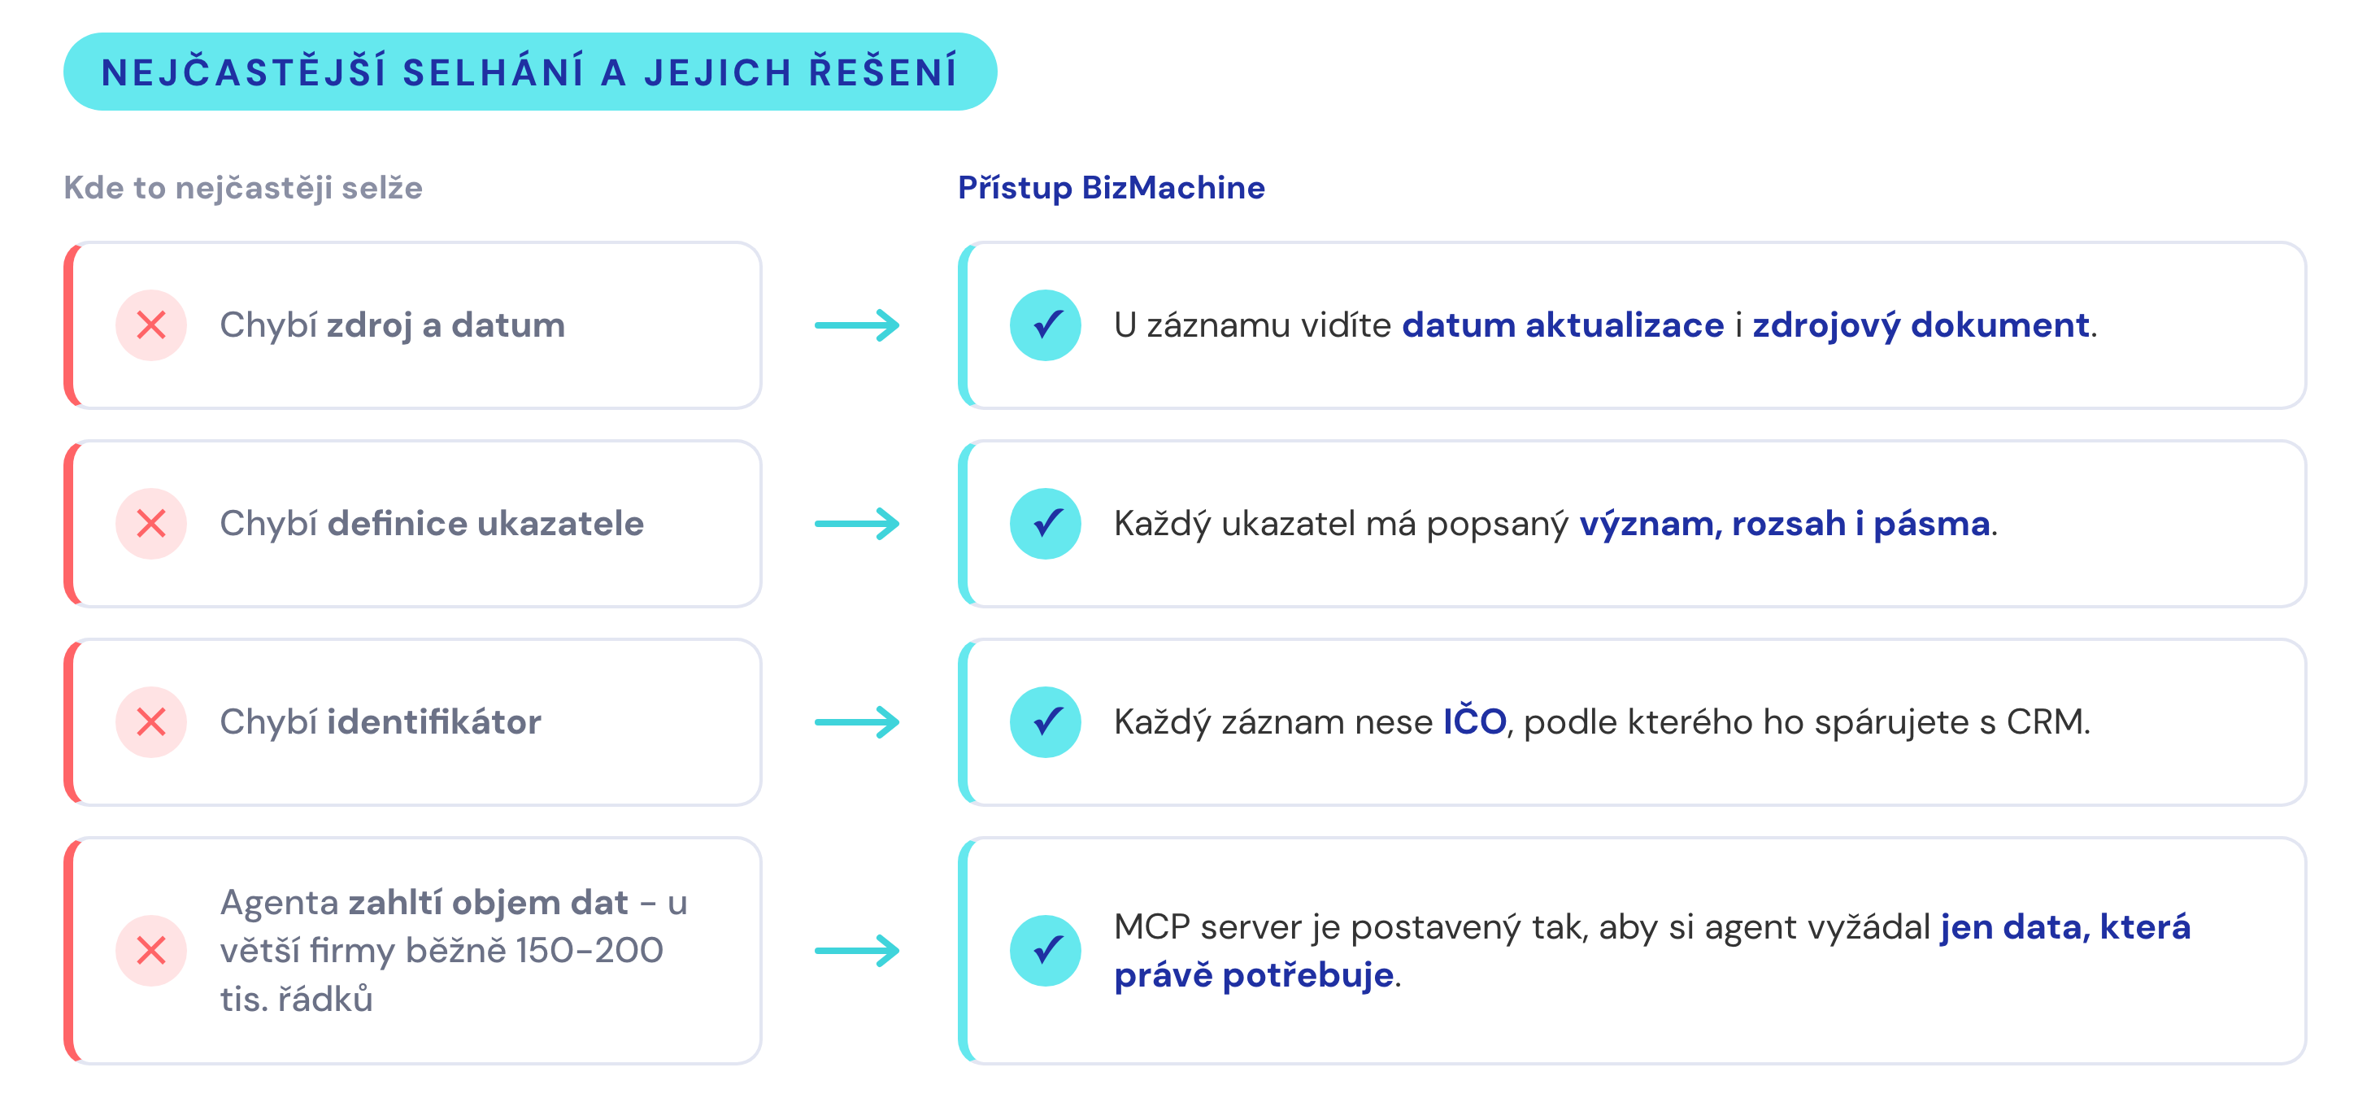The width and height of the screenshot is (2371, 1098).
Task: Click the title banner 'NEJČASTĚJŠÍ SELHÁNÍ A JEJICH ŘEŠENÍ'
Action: pos(530,72)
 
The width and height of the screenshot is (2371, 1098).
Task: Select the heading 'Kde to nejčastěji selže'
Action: pos(243,188)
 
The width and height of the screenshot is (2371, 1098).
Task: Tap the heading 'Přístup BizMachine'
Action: pos(1111,188)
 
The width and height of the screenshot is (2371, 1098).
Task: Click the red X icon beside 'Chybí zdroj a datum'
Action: pos(151,325)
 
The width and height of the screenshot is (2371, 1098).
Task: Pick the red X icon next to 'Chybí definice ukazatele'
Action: pos(151,524)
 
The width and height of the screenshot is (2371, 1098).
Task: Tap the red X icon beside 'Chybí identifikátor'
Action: pos(151,722)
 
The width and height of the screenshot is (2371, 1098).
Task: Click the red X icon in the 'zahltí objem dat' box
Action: pos(151,951)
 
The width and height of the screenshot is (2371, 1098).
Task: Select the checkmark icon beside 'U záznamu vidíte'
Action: pos(1046,325)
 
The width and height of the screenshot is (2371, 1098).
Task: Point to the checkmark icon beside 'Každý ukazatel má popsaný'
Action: pos(1046,524)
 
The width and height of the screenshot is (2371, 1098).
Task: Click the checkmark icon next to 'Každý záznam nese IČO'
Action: pos(1046,722)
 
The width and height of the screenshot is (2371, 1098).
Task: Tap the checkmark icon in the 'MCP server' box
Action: pos(1046,951)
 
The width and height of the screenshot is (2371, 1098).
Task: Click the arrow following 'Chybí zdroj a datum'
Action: pos(857,325)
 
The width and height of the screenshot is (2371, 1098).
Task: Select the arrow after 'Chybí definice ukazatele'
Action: pos(857,524)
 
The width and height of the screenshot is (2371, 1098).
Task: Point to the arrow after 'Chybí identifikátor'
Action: pos(857,722)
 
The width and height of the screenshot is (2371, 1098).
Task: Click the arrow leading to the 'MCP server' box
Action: pos(857,951)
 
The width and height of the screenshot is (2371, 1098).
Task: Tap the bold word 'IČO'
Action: pos(1474,720)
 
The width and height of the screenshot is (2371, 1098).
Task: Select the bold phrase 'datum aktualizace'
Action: pos(1563,325)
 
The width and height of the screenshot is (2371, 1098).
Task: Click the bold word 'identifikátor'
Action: pos(434,722)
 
